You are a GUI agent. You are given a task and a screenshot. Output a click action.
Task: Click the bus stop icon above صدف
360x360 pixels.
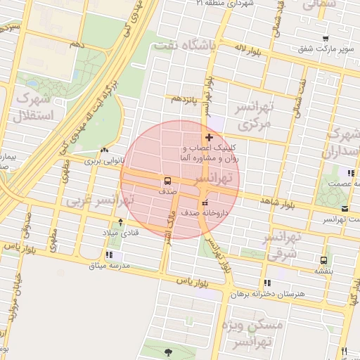[x=168, y=180]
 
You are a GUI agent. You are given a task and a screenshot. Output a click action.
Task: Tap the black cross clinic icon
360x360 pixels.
[x=209, y=136]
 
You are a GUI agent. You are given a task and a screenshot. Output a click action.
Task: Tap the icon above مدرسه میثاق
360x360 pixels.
[x=109, y=255]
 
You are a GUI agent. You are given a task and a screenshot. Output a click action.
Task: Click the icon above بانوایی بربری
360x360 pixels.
[x=105, y=150]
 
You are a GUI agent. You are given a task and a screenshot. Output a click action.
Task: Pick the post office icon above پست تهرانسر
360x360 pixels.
[x=344, y=209]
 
